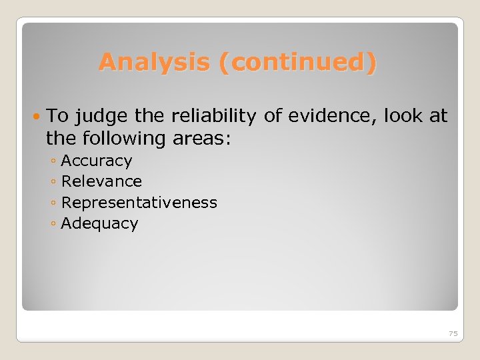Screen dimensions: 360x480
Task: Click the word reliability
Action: pos(213,117)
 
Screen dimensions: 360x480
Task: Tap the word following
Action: pos(125,139)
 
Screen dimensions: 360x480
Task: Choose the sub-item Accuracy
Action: pos(97,161)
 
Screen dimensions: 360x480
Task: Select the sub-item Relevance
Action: pos(101,181)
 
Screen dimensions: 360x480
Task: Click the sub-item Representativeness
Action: pos(139,202)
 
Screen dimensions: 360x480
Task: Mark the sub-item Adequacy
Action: pos(99,223)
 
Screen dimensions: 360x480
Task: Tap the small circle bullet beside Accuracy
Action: pos(53,161)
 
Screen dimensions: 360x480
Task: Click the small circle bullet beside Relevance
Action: pos(53,182)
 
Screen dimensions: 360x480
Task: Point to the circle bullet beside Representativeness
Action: pos(53,203)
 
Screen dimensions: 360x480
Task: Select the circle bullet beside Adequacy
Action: pos(53,224)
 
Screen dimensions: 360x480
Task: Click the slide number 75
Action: pos(453,333)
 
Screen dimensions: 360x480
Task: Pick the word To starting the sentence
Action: pos(58,117)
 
